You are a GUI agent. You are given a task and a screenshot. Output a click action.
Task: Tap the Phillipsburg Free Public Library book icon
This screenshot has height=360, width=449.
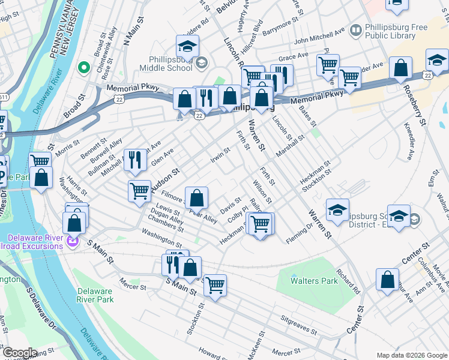tap(357, 29)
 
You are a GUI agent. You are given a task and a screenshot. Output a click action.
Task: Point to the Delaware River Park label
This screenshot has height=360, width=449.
tap(95, 295)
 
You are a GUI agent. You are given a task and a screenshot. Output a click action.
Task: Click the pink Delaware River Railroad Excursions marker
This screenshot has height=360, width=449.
tap(73, 242)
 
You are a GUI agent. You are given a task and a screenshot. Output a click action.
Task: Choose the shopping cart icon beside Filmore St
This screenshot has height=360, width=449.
tap(139, 191)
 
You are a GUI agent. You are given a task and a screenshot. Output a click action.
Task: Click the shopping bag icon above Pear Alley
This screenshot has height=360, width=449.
tap(196, 197)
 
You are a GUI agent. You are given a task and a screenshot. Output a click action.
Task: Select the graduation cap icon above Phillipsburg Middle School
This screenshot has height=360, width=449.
tap(187, 46)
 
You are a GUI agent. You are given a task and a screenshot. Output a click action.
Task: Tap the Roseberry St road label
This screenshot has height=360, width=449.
tap(415, 106)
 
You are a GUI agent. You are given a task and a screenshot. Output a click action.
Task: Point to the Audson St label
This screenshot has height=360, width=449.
tap(165, 181)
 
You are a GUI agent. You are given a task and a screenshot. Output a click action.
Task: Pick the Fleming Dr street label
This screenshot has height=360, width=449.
tap(300, 229)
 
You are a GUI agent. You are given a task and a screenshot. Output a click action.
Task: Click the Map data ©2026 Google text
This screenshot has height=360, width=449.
tap(411, 355)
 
